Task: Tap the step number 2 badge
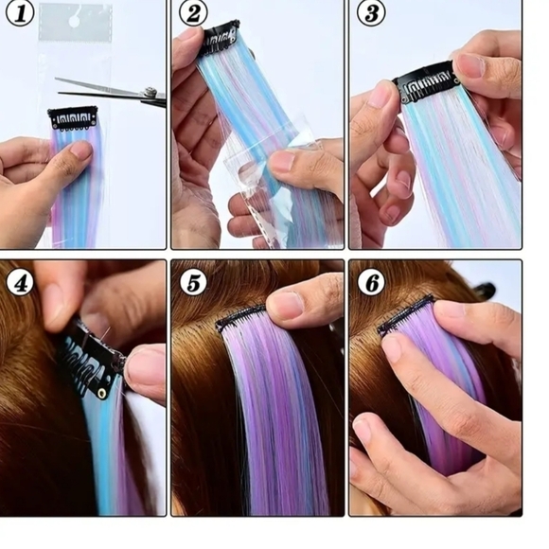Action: tap(193, 13)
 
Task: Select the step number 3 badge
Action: tap(369, 14)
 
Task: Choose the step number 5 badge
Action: tap(193, 282)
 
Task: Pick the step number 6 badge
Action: tap(369, 282)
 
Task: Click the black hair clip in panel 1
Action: tap(73, 117)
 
